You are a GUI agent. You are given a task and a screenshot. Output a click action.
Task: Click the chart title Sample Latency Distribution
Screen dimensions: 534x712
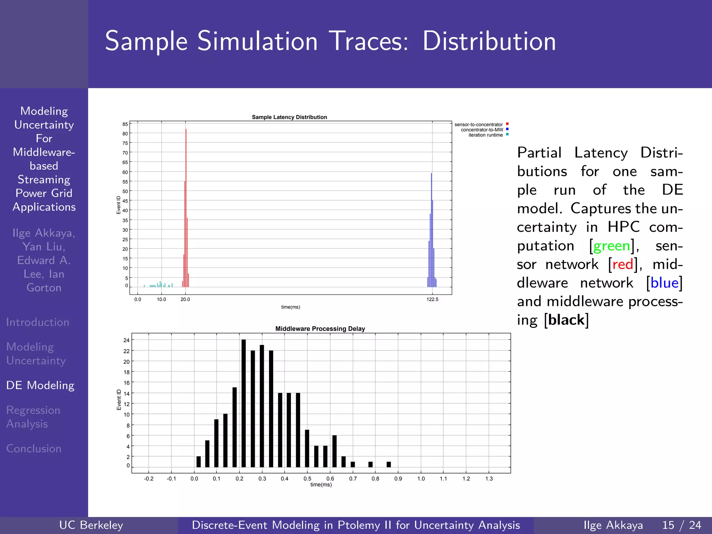[289, 117]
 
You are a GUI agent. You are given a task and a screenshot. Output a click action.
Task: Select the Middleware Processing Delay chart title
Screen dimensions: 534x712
[320, 329]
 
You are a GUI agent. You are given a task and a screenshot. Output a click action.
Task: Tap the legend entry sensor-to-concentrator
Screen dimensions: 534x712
[479, 124]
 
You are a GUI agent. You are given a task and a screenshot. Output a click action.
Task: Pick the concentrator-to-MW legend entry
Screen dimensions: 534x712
[482, 130]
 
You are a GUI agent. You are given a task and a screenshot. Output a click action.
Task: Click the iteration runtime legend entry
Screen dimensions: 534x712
[485, 135]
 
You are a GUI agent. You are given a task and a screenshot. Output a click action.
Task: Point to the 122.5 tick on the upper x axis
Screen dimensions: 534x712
[432, 299]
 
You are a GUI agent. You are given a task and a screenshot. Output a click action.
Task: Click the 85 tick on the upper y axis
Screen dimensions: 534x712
[125, 124]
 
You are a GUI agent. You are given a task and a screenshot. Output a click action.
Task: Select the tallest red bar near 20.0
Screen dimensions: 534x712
[186, 209]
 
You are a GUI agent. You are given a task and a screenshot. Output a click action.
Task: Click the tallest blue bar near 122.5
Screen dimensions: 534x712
[431, 229]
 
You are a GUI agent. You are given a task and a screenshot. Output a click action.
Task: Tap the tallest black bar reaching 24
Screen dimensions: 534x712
[243, 403]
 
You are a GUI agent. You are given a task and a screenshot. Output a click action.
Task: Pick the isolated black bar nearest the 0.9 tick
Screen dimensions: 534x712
[389, 464]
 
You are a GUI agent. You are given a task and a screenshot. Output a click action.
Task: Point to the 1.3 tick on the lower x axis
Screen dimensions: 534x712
[489, 478]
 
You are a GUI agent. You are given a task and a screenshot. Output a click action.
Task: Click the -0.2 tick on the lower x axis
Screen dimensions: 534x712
[148, 478]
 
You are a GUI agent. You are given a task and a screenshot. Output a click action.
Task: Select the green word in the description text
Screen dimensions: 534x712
[612, 246]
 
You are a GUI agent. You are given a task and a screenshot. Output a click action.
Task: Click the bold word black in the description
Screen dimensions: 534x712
[566, 320]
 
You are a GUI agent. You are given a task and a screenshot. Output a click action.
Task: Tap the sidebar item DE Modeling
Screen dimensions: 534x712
[40, 385]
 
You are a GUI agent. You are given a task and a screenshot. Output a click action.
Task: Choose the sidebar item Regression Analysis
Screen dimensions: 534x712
[33, 417]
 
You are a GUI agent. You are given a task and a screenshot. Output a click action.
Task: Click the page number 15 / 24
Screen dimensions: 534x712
[681, 525]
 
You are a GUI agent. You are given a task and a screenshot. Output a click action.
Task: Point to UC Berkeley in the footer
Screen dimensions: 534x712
[91, 525]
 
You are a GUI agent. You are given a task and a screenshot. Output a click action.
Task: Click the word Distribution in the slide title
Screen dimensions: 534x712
[489, 41]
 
